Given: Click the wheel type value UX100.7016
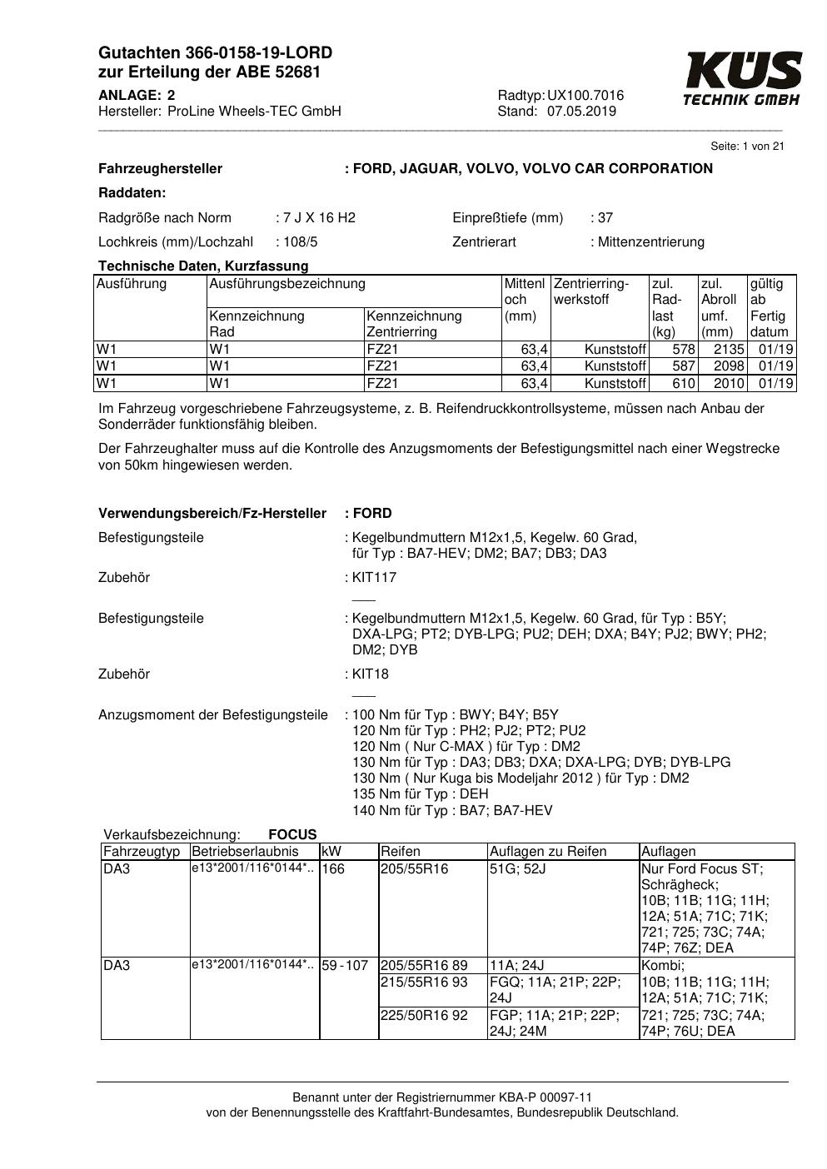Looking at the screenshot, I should point(585,96).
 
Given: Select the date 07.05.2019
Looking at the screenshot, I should point(581,112).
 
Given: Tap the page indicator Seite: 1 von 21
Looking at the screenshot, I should point(747,147).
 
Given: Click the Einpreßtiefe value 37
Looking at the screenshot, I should point(605,218).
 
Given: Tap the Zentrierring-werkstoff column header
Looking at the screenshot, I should point(591,291).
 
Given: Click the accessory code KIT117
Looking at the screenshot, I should point(374,578).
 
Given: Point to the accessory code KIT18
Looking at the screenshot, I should point(371,674).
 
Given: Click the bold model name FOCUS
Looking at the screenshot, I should point(292,834).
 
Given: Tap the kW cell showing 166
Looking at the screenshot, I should point(333,869).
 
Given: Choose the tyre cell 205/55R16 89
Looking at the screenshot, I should point(424,966).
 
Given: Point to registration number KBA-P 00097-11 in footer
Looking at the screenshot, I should point(541,1097).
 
